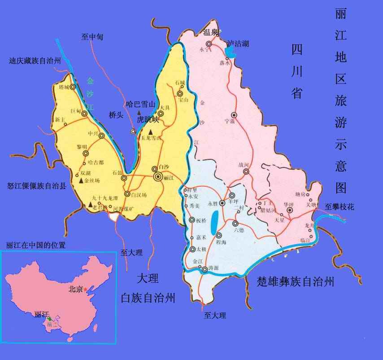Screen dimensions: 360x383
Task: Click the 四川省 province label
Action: point(296,71)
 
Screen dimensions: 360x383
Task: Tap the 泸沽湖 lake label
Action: point(238,44)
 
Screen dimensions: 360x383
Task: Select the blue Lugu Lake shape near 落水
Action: point(230,53)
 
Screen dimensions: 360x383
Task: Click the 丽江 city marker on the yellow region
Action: point(158,177)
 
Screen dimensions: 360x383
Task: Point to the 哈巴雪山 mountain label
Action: point(140,104)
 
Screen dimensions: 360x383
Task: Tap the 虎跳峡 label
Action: point(148,119)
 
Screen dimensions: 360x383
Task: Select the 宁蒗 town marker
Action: point(234,115)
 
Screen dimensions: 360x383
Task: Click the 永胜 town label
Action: point(213,203)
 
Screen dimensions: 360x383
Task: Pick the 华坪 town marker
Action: point(290,210)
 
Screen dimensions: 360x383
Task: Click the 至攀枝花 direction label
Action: point(339,207)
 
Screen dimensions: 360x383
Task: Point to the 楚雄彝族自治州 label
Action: point(296,282)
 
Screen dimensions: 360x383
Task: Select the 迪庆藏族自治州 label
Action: point(35,61)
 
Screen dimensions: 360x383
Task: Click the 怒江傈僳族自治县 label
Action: point(37,185)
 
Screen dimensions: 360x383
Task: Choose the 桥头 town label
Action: point(116,115)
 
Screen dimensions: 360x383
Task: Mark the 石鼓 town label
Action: point(117,172)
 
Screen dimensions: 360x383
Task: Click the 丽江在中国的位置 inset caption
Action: point(36,245)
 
